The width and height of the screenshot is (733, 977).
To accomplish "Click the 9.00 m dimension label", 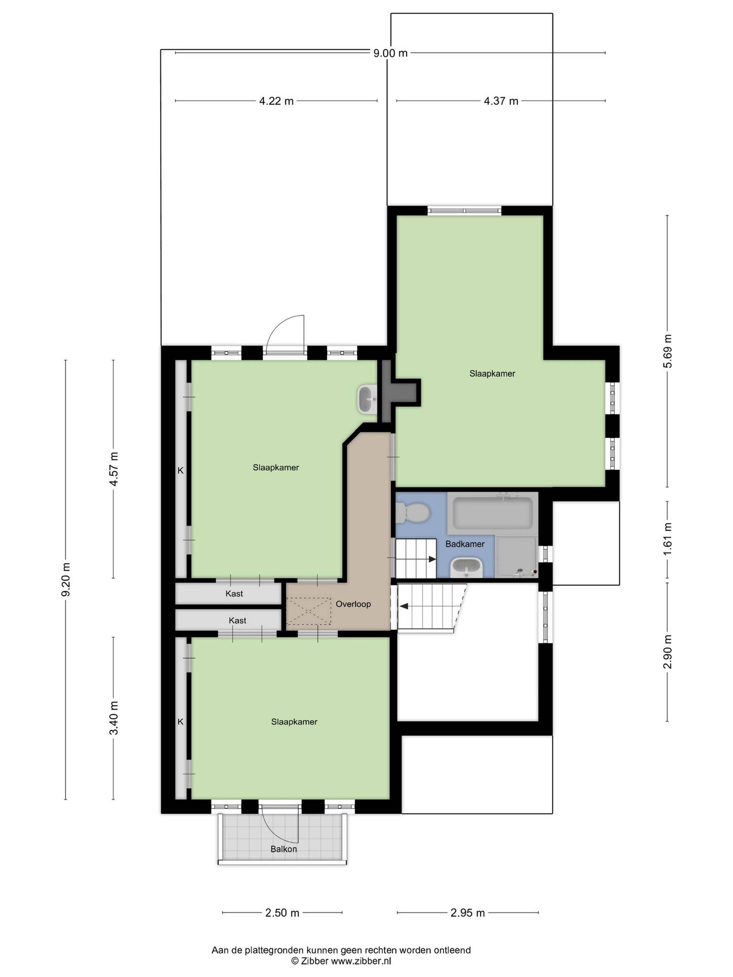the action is point(390,53).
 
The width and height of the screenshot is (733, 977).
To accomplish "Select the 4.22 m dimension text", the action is point(276,101).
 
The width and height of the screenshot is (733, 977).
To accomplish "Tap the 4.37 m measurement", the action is point(501,101).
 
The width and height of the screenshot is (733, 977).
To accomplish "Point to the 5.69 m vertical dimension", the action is point(667,351).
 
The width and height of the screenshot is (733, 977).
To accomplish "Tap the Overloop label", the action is point(353,604).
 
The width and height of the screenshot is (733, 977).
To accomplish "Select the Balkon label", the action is point(284,849).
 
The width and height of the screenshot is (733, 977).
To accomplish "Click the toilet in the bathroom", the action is point(413,514).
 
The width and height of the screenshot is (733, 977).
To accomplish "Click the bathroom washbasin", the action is point(467,567).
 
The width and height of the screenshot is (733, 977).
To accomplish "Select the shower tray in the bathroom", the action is point(516,556).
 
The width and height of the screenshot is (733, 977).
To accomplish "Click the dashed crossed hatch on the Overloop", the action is point(309,611).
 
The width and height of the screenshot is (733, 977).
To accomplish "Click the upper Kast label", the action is point(234,593).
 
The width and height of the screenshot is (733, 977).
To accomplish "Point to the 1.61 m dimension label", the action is point(667,539).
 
